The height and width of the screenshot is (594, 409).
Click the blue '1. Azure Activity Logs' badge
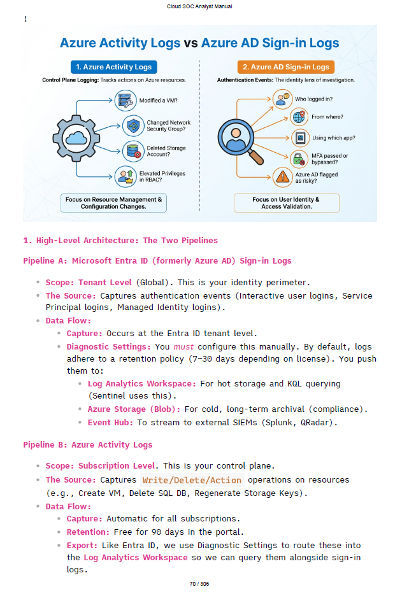(113, 67)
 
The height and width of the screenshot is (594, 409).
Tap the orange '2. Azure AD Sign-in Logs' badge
(285, 67)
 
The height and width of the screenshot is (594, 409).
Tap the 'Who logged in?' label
(313, 99)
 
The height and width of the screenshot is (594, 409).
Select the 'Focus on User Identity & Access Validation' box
(286, 203)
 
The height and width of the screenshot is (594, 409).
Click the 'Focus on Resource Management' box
(113, 203)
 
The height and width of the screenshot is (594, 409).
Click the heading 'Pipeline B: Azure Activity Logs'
(88, 444)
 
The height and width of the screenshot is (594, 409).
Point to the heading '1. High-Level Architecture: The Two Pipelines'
(120, 240)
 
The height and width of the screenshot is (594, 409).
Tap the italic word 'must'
(183, 347)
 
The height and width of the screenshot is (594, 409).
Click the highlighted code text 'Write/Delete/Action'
(192, 480)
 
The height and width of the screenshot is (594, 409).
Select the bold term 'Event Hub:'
(110, 421)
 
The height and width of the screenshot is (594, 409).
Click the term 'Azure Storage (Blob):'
(134, 409)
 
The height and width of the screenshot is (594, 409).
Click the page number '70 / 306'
(199, 584)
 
